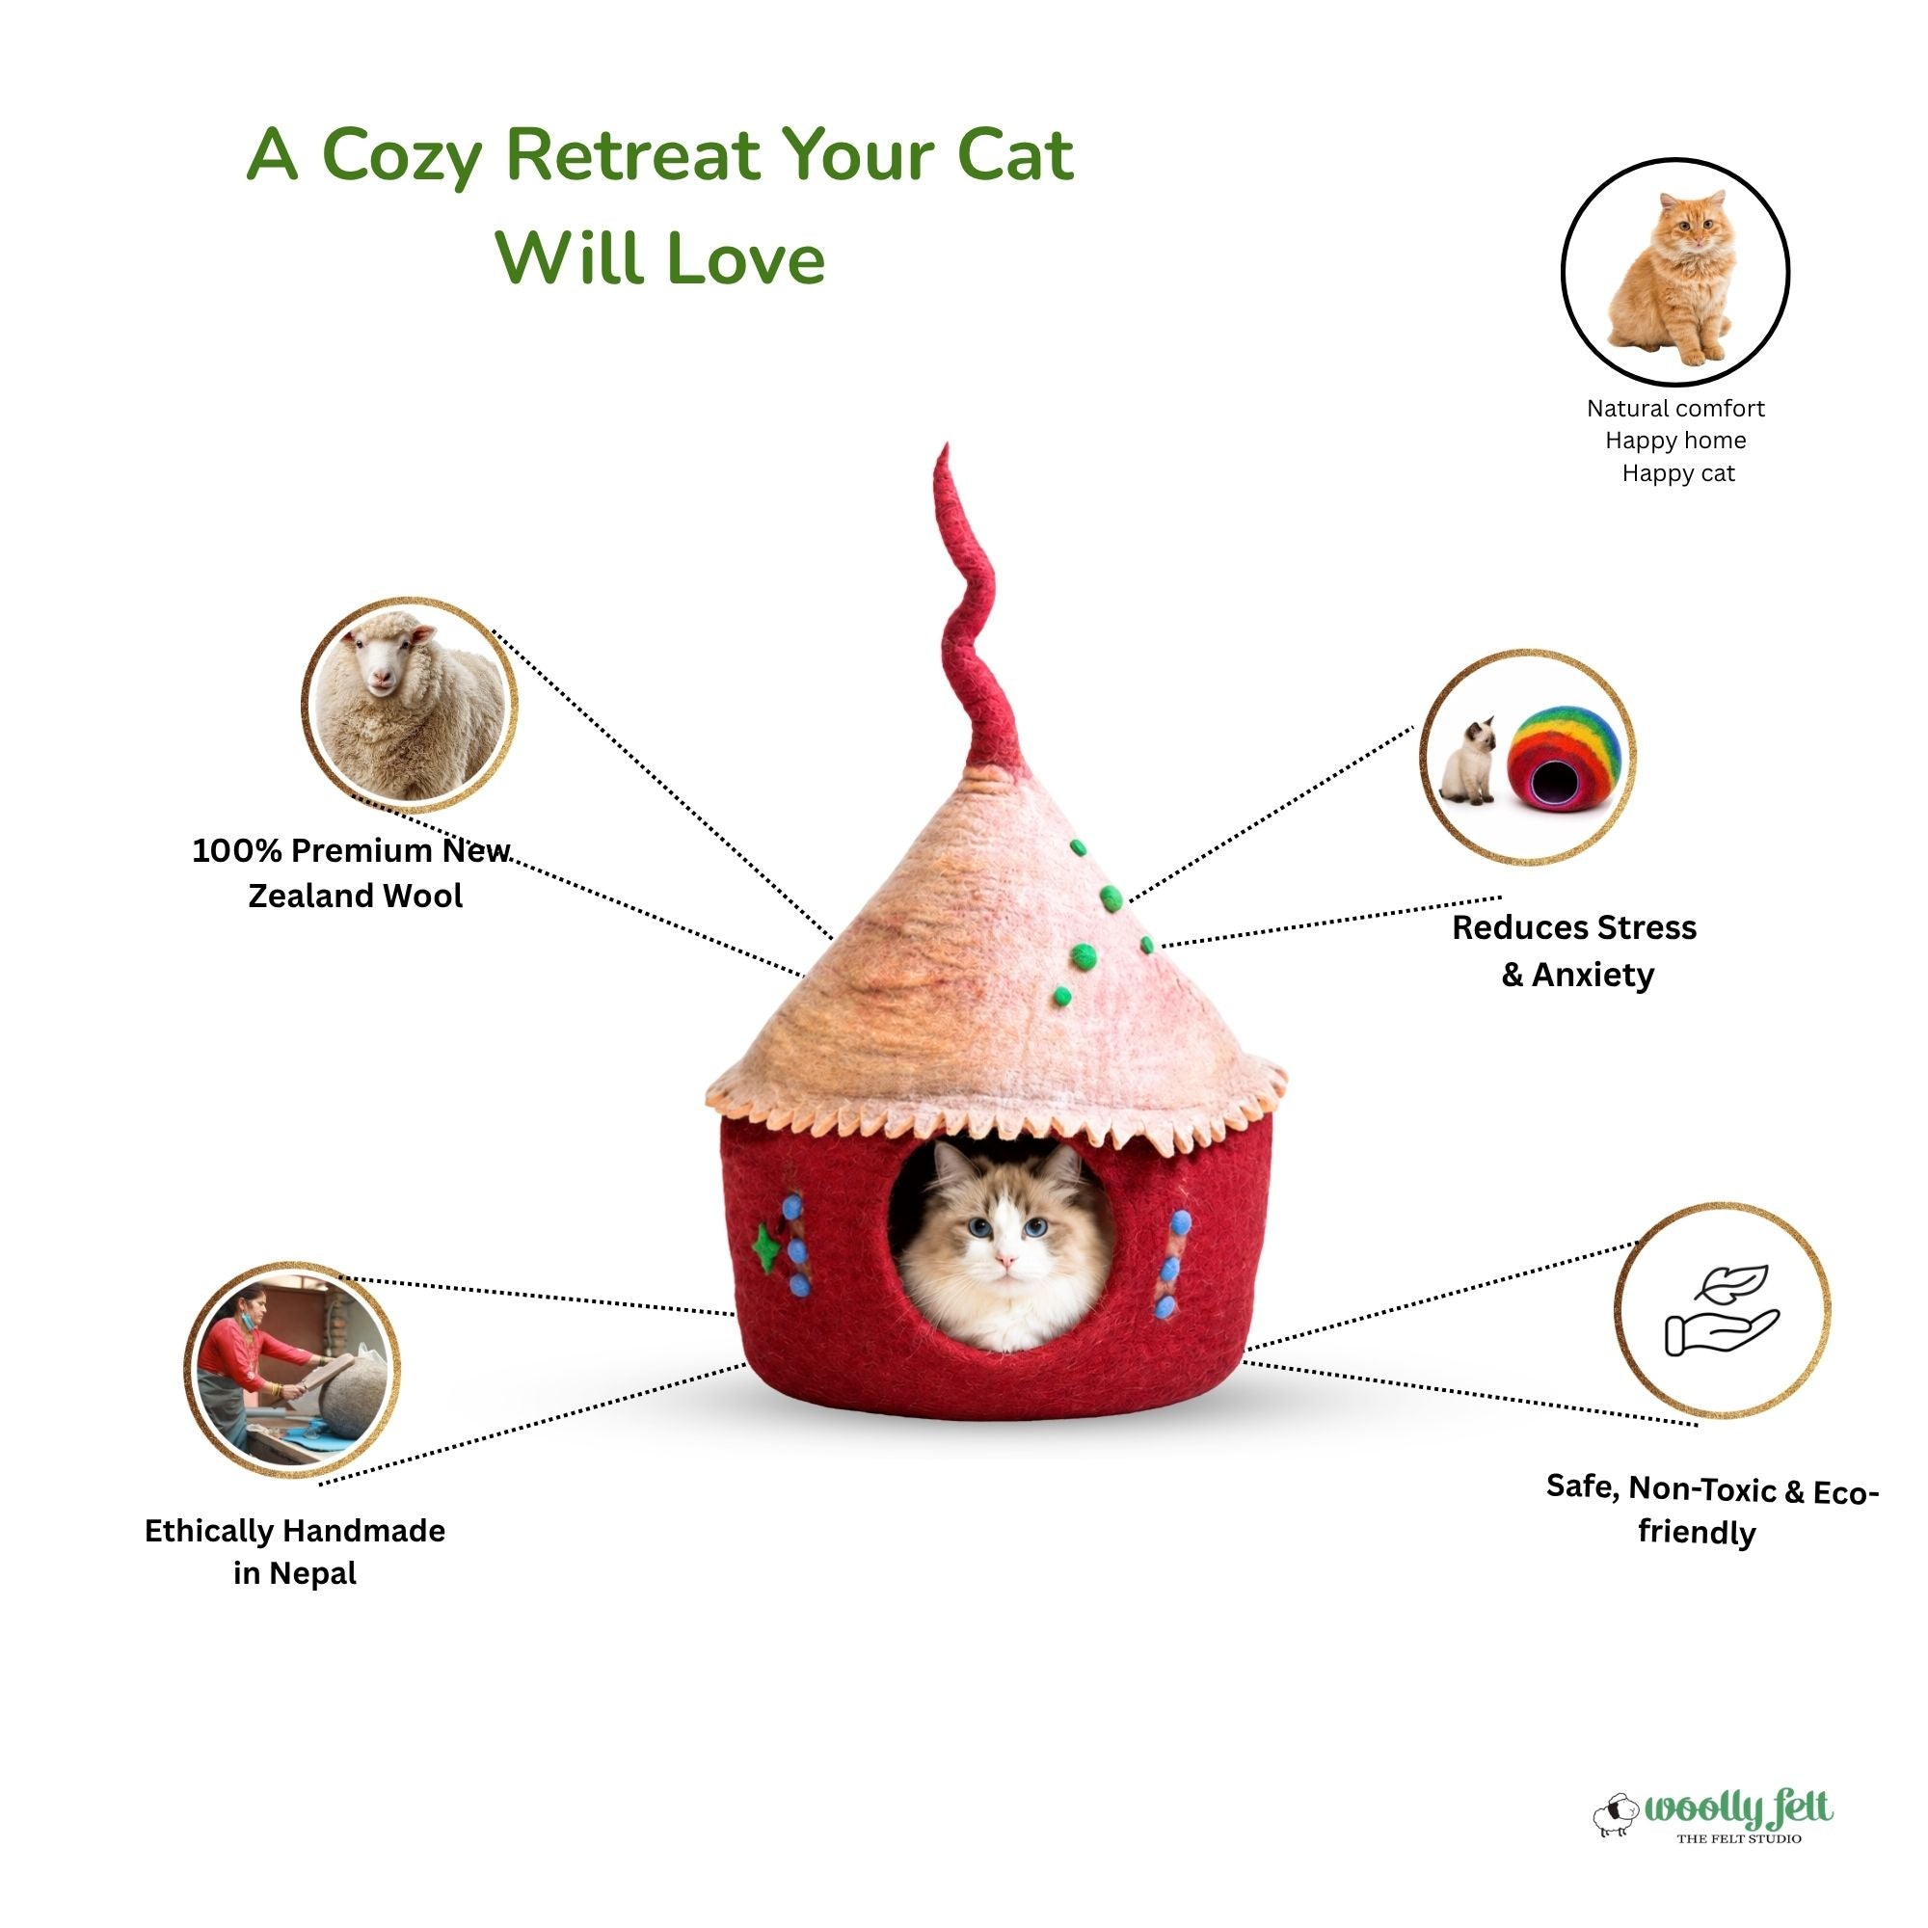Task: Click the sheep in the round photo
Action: point(409,705)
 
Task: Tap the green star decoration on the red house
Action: point(765,1248)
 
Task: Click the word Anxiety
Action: point(1593,974)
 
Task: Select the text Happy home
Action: point(1675,441)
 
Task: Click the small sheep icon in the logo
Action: point(1617,1816)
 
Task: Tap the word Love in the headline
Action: point(744,257)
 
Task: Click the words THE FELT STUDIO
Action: point(1738,1837)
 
